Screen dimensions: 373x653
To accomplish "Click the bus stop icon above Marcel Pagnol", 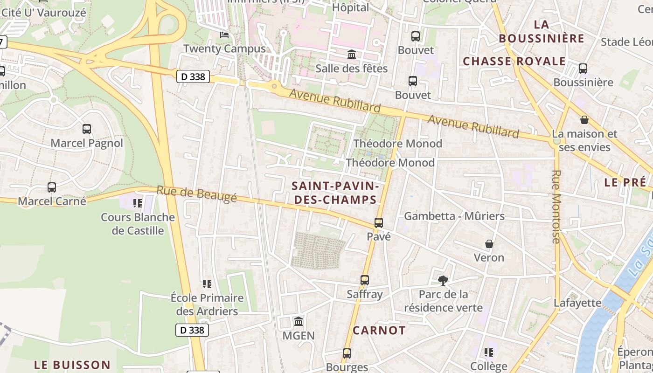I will tap(87, 129).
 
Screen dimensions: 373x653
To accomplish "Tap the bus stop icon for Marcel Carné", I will tap(52, 187).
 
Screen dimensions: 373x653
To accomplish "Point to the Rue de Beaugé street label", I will tap(196, 193).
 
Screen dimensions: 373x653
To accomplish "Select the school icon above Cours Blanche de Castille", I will tap(137, 203).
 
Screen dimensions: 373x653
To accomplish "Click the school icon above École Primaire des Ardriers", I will tap(207, 283).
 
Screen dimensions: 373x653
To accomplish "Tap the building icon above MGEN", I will tap(299, 322).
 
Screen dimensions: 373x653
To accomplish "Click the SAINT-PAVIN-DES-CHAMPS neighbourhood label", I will tap(334, 193).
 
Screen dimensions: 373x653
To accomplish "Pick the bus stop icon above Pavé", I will tap(379, 223).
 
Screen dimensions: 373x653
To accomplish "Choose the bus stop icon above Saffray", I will tap(365, 280).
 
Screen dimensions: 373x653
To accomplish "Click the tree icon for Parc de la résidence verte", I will tap(443, 280).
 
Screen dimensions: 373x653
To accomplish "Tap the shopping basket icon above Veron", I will tap(489, 244).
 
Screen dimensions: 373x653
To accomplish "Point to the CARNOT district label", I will tap(379, 331).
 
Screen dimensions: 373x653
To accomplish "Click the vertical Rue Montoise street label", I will tap(556, 207).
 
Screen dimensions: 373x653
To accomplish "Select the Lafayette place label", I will tap(577, 303).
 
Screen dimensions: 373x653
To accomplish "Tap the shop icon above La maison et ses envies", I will tap(584, 120).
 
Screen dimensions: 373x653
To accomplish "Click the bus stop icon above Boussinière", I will tap(583, 69).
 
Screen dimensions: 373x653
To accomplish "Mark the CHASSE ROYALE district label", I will tap(514, 61).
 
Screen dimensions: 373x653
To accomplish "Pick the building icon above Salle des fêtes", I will tap(352, 55).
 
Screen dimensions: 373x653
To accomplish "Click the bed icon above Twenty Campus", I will tap(224, 35).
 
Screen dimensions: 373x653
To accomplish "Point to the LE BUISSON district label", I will tap(72, 365).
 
